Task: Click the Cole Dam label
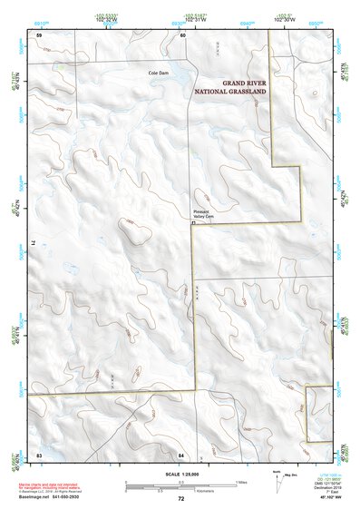click(x=160, y=73)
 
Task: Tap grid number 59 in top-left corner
click(x=39, y=34)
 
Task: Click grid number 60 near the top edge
click(x=182, y=34)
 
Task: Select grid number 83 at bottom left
click(x=39, y=453)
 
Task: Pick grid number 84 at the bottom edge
click(x=181, y=453)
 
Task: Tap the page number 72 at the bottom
click(x=180, y=499)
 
